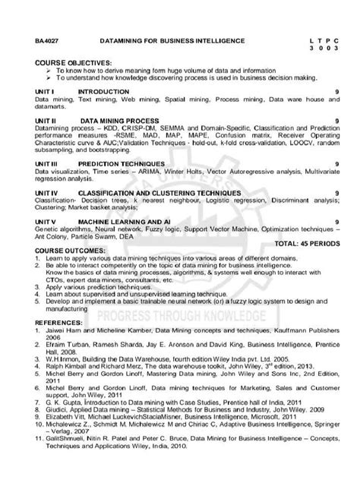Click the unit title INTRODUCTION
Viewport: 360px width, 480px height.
pos(104,90)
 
